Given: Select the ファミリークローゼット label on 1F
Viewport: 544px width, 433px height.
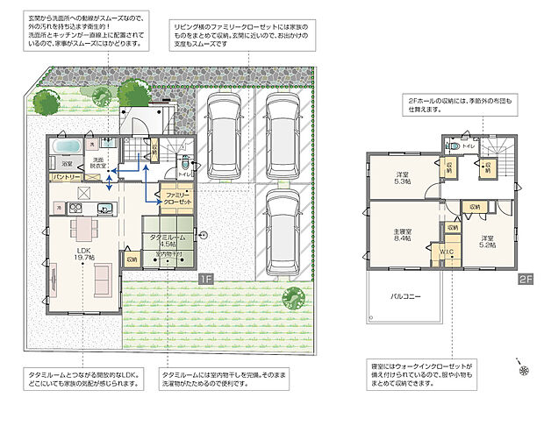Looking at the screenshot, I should [x=174, y=197].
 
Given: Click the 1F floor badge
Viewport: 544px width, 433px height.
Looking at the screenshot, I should [x=203, y=280].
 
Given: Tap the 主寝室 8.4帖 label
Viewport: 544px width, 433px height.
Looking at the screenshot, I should [x=403, y=234].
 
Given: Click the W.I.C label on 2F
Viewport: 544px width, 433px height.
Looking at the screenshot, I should [x=447, y=251].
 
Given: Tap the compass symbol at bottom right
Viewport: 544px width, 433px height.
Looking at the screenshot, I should [x=523, y=370].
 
